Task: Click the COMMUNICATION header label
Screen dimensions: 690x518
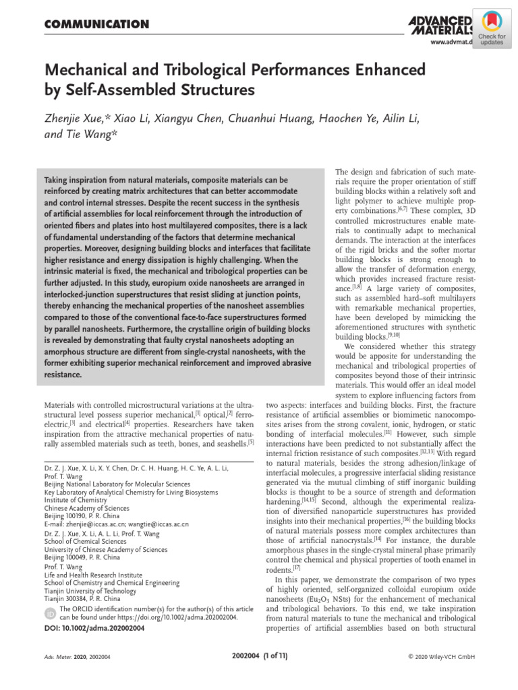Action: tap(96, 25)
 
